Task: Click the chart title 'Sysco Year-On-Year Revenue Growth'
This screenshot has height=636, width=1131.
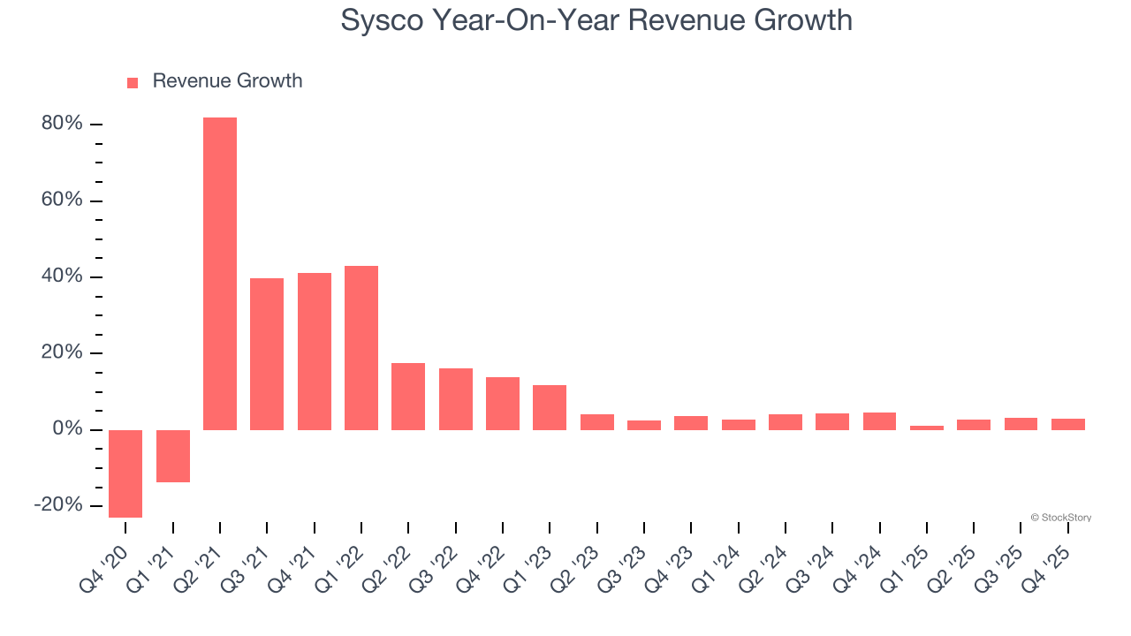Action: click(596, 19)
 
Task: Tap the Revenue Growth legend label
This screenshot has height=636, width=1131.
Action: click(227, 81)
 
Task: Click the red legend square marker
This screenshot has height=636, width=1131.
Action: click(133, 82)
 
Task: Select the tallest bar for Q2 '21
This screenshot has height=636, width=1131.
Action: click(220, 273)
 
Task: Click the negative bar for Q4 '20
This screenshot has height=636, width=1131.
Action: click(125, 473)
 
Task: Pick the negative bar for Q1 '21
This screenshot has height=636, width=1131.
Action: click(173, 456)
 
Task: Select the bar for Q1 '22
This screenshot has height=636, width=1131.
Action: click(361, 347)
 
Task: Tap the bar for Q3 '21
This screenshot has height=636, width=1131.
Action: click(267, 353)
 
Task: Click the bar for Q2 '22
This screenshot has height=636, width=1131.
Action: click(408, 396)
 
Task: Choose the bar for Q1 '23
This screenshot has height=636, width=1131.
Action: click(550, 407)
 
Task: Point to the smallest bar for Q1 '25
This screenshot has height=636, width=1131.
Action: click(927, 428)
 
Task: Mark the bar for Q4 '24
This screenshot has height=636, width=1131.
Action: click(879, 420)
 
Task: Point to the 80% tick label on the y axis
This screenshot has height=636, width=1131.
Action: click(62, 124)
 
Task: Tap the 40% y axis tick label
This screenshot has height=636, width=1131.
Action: click(62, 276)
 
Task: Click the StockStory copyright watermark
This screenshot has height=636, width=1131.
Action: click(1060, 518)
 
